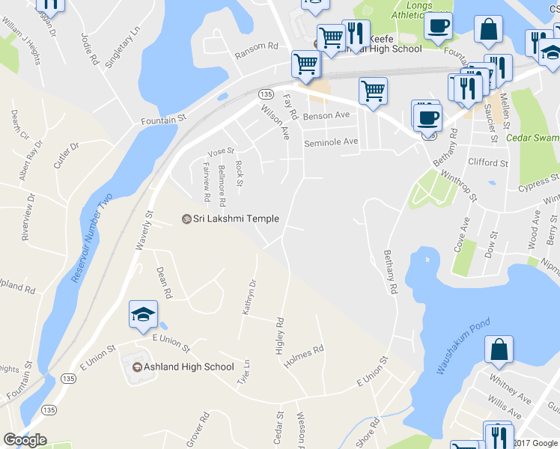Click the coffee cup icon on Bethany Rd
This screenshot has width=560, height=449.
pyautogui.click(x=427, y=117)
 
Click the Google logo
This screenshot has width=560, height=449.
pyautogui.click(x=25, y=440)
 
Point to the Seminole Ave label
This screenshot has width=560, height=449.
pyautogui.click(x=331, y=142)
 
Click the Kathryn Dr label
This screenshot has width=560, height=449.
pyautogui.click(x=249, y=297)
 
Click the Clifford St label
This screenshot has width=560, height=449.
pyautogui.click(x=487, y=162)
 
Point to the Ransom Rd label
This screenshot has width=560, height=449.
pyautogui.click(x=256, y=50)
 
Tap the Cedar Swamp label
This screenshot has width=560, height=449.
pyautogui.click(x=533, y=138)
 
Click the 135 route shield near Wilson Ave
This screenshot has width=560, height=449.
pyautogui.click(x=267, y=94)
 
